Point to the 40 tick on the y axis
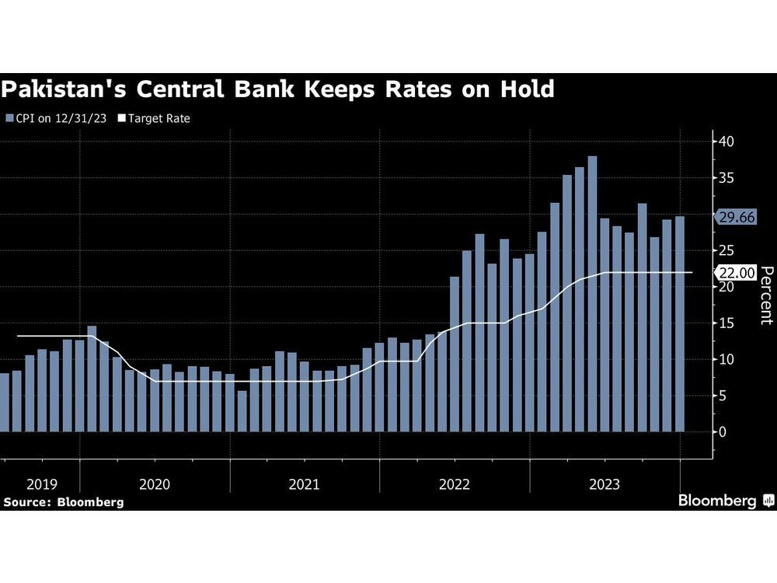point(726,141)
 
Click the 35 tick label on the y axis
point(726,178)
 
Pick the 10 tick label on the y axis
point(726,359)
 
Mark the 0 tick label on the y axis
point(723,432)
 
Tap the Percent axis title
point(765,295)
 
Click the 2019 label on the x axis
point(41,484)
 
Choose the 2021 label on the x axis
point(304,484)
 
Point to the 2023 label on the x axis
point(605,484)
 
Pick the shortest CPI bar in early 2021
point(242,411)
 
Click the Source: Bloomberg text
point(63,502)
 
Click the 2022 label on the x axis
point(455,484)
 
